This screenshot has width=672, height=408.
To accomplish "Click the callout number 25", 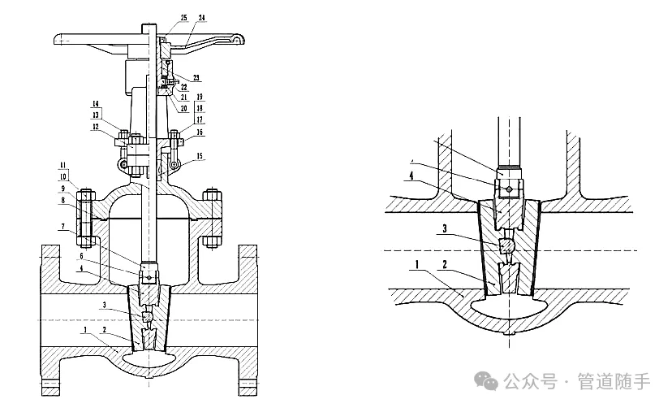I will tap(183, 17).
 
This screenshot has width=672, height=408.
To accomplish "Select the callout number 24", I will tap(202, 17).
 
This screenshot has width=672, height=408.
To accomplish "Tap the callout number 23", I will tap(196, 78).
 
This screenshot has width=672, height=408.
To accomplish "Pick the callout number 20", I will tap(183, 108).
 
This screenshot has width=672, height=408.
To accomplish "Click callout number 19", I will tap(199, 98).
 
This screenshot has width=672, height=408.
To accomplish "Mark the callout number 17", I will tap(199, 119).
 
